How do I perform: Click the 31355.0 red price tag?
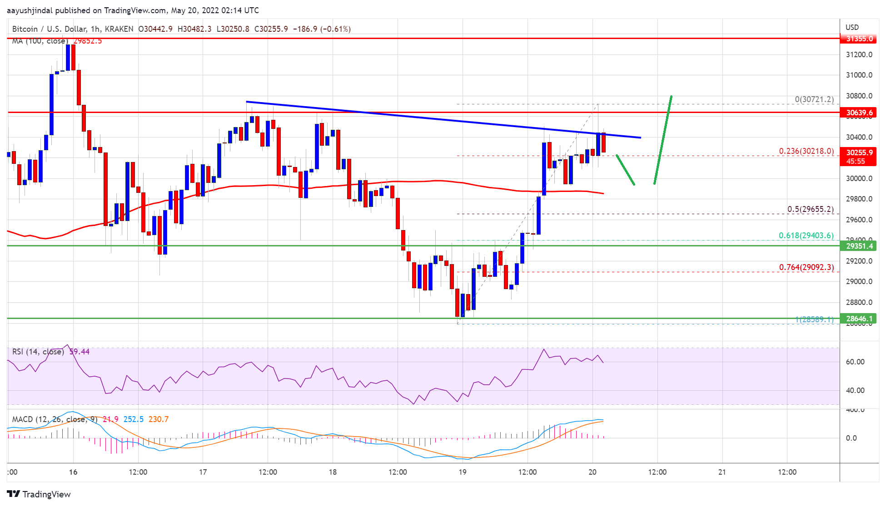tap(859, 39)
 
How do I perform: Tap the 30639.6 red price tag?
tap(859, 113)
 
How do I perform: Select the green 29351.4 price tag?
tap(859, 246)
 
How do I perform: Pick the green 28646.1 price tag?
tap(859, 319)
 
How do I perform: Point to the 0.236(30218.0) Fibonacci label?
tap(806, 151)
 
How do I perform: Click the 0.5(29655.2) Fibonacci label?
tap(810, 209)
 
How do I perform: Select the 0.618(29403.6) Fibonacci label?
tap(806, 236)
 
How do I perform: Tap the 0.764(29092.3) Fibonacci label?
tap(806, 267)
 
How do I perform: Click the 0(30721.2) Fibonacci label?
tap(814, 99)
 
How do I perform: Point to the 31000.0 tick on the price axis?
tap(859, 75)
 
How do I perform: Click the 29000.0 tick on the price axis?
tap(859, 282)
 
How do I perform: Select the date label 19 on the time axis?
tap(462, 472)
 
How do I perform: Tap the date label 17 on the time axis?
tap(203, 472)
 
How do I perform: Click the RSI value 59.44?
tap(80, 352)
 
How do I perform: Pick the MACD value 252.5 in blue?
tap(134, 419)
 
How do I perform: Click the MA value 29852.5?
tap(88, 41)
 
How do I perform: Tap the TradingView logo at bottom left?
tap(39, 494)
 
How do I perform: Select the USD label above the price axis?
tap(852, 28)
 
